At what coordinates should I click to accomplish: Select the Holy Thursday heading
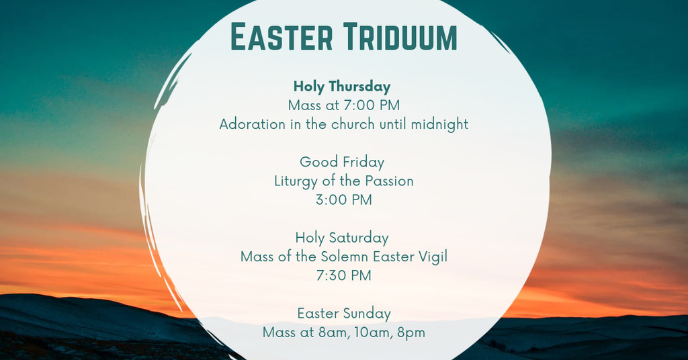point(342,87)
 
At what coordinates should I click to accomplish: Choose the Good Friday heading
point(342,162)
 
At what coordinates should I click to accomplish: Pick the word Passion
point(389,181)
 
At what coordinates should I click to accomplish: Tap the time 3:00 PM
point(343,200)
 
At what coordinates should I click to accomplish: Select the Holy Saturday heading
point(342,238)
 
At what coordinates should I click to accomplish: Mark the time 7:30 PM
point(343,275)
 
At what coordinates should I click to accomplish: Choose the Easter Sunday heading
point(343,314)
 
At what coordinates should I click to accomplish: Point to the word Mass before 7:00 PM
point(304,105)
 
